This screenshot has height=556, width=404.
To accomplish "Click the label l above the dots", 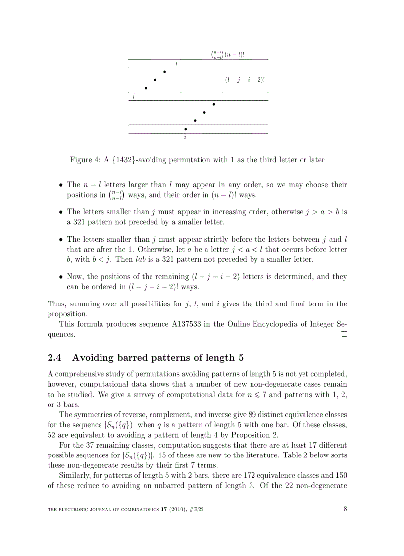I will [x=176, y=63].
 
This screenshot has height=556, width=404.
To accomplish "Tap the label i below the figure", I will [x=185, y=137].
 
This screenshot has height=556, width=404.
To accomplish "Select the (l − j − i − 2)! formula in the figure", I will [x=245, y=79].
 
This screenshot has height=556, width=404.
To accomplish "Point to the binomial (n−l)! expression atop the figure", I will [x=228, y=55].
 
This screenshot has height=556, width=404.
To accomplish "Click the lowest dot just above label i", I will [x=186, y=129].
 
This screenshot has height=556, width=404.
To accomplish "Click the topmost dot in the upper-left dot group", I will [x=164, y=72].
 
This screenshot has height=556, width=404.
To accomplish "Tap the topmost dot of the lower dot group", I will [x=214, y=104].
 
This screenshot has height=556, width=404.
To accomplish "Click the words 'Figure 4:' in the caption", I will [x=85, y=160].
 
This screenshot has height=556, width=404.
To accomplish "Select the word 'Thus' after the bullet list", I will [x=55, y=303].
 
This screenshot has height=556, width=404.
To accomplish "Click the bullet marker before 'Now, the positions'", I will [x=60, y=277].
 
